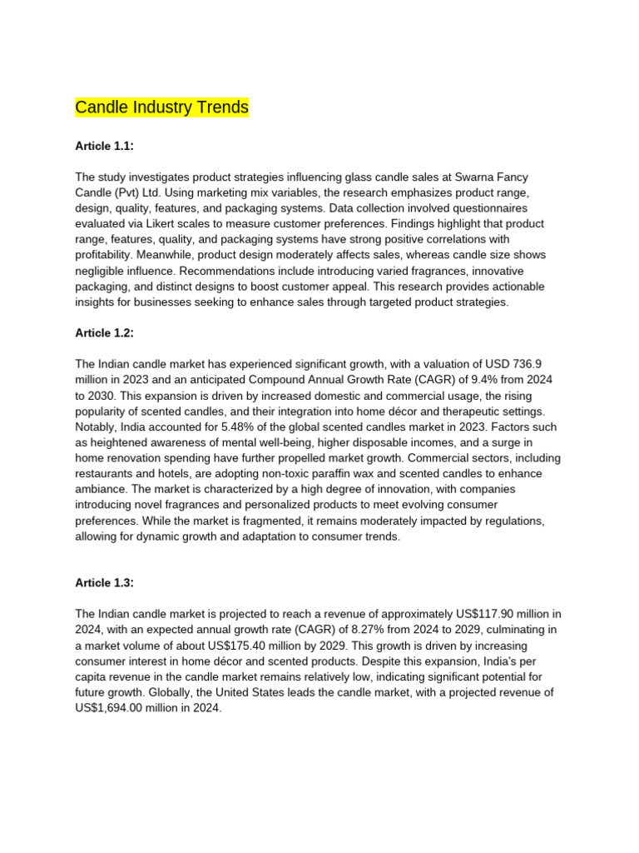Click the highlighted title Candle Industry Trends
click(x=161, y=107)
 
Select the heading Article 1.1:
click(x=104, y=146)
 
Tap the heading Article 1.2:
click(x=104, y=333)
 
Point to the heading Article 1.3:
click(x=104, y=582)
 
